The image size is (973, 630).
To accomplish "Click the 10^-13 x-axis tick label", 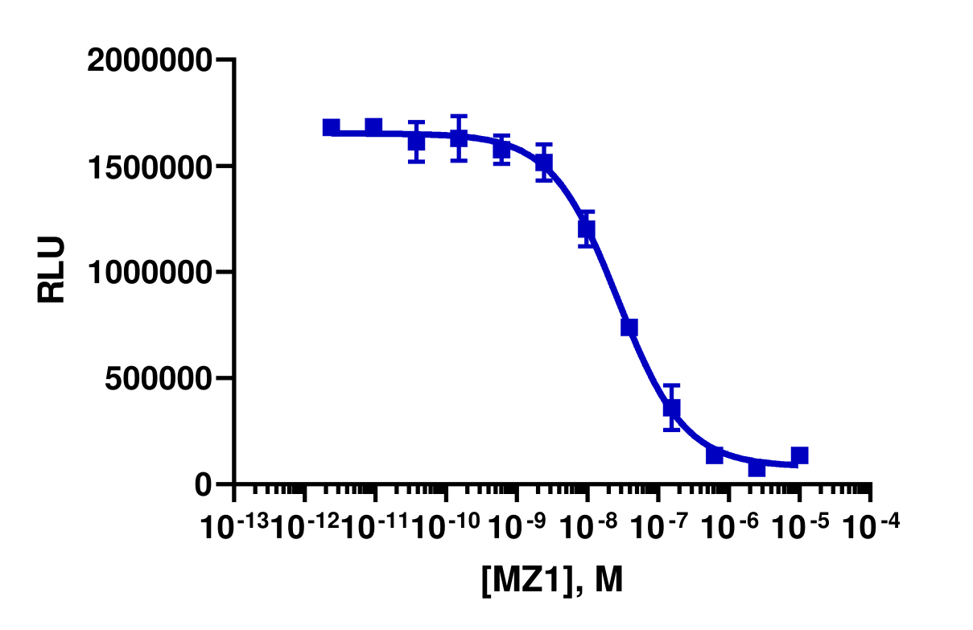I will pos(234,527).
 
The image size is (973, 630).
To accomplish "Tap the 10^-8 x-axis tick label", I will pos(585,527).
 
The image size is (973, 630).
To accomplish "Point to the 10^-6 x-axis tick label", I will pos(727,527).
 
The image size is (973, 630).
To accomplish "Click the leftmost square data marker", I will pos(331,127).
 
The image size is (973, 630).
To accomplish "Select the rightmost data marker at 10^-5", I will pos(799,456).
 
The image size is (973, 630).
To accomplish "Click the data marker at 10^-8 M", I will pos(587,229).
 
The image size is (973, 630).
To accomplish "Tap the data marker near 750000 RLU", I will pos(629,327).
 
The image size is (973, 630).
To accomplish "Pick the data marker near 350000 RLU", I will pos(672,408).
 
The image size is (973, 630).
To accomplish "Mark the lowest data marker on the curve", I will pos(757,467).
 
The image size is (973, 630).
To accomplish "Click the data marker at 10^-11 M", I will pos(373,126).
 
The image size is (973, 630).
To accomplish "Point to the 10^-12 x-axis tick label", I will pos(305,527).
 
